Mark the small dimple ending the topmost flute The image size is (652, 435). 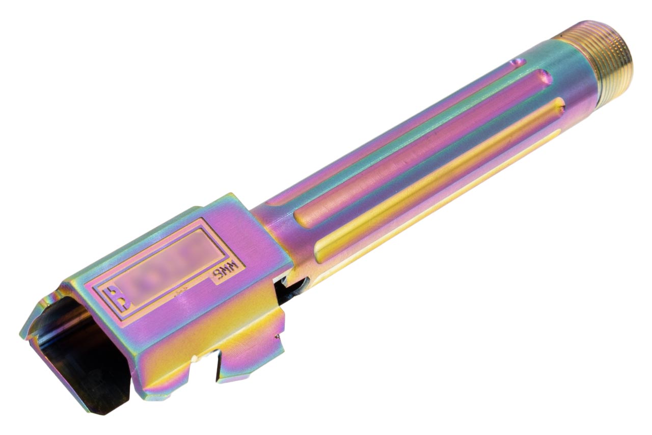(x=517, y=63)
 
